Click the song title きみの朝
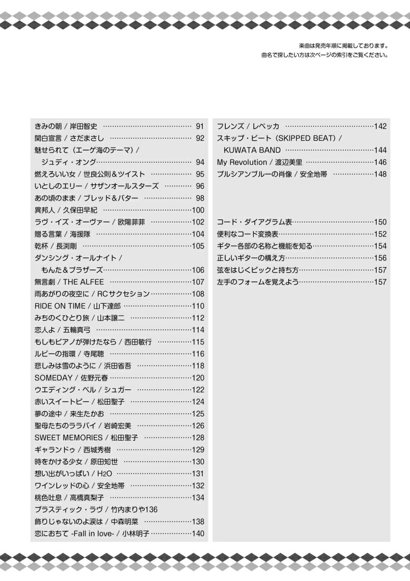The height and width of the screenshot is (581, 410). [x=48, y=126]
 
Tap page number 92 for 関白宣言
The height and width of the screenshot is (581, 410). [x=200, y=138]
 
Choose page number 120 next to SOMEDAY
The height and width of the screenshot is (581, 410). [x=198, y=378]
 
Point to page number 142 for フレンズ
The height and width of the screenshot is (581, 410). [x=381, y=126]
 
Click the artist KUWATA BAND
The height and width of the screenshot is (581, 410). [x=252, y=151]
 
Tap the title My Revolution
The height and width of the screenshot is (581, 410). [x=242, y=162]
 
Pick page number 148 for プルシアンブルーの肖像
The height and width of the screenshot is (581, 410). [x=381, y=174]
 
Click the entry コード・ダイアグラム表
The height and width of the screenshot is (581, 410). [x=254, y=222]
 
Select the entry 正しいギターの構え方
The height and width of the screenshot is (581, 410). [x=251, y=258]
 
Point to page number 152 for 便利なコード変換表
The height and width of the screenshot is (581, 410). [x=381, y=234]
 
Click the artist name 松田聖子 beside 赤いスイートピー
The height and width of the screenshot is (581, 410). [x=111, y=401]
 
